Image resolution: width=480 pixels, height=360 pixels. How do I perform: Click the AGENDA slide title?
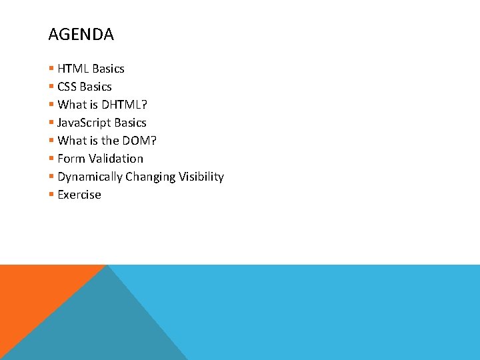(81, 35)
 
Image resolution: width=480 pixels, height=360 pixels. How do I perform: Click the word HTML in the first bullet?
(73, 69)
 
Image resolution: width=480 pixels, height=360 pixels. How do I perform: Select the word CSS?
(67, 87)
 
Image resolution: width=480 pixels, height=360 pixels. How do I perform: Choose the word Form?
(70, 159)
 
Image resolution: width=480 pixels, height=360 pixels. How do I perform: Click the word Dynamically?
(90, 177)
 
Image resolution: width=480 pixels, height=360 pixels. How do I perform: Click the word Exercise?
(79, 195)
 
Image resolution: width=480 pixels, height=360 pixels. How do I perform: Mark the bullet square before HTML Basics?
(51, 69)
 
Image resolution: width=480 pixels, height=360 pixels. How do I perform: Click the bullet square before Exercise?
(51, 195)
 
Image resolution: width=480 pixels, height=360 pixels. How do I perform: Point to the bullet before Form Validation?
(51, 159)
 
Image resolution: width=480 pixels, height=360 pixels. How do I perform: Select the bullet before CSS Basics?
(51, 87)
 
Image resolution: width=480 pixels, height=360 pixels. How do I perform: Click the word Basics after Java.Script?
(130, 123)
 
